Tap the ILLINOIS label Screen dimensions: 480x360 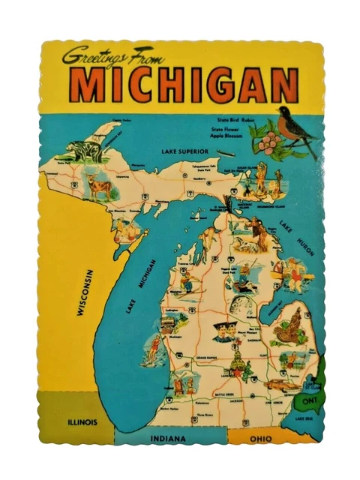click(81, 421)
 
